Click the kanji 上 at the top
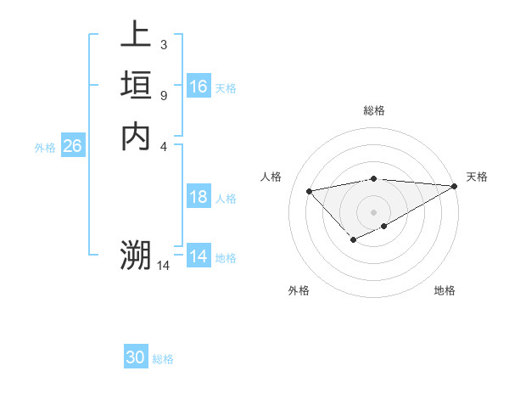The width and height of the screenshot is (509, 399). (x=136, y=36)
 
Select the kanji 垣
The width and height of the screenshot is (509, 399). (x=136, y=86)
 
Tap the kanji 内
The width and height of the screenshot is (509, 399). (x=136, y=136)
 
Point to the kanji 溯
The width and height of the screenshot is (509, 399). (x=136, y=256)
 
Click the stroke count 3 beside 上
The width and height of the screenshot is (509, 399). (x=163, y=44)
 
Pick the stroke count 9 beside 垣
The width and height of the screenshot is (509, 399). (x=163, y=95)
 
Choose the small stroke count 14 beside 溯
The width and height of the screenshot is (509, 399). (x=164, y=266)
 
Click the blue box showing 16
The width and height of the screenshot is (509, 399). (x=199, y=87)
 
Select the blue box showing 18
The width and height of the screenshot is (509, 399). (x=199, y=197)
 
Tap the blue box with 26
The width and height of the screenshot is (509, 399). (x=72, y=146)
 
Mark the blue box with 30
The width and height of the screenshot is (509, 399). (x=136, y=357)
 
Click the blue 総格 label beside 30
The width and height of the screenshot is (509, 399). (x=163, y=359)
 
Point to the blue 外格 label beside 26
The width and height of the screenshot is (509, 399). (x=45, y=148)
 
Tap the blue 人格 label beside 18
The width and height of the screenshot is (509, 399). (x=226, y=199)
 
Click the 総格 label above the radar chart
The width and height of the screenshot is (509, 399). (x=374, y=110)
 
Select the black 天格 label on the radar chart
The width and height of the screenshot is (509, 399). (x=477, y=177)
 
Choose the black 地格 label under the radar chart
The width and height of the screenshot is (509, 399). (x=445, y=290)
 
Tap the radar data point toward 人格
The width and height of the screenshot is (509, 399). (x=309, y=190)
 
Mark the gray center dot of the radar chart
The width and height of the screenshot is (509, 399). (x=374, y=211)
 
